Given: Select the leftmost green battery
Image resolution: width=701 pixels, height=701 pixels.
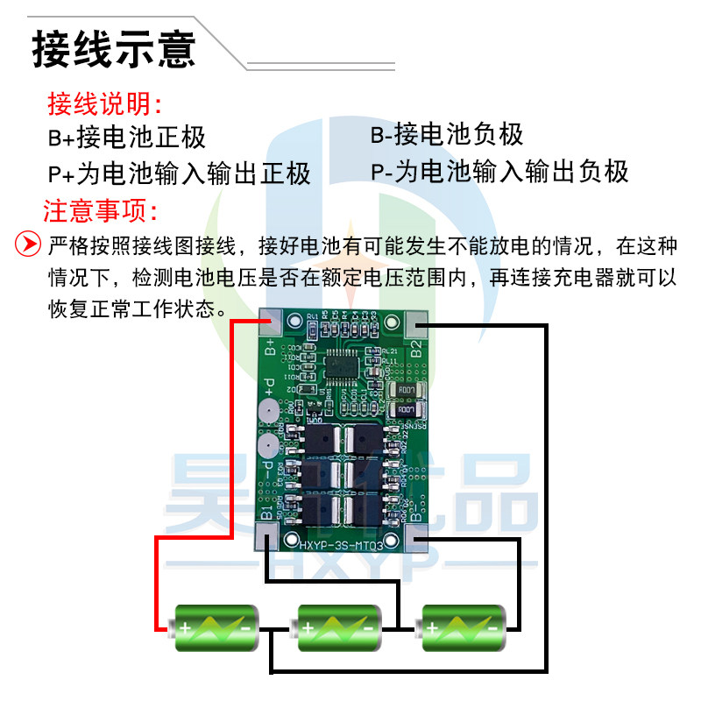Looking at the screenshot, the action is tap(215, 627).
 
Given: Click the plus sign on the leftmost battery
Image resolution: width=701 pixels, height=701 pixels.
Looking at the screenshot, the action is tap(186, 628).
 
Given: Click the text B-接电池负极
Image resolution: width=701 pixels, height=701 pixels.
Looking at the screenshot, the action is tap(447, 135).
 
